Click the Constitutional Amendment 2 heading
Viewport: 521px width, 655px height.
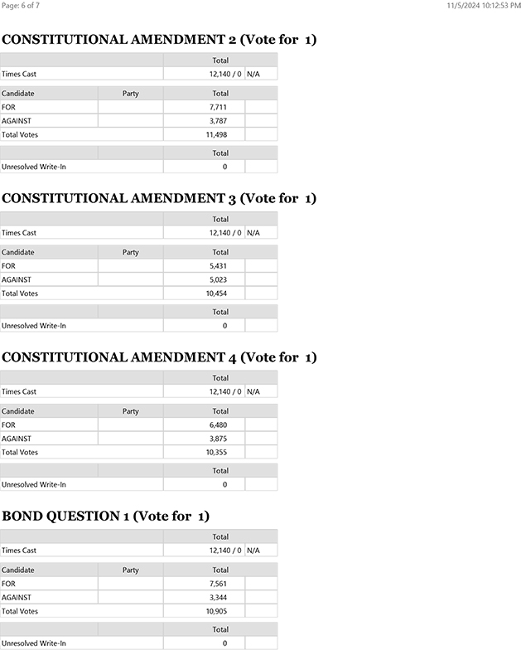[x=159, y=40]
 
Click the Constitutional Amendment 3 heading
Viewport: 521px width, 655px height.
[x=159, y=198]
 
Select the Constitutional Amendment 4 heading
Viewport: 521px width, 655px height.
[x=159, y=357]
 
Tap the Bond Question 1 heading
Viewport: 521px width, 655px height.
[x=105, y=517]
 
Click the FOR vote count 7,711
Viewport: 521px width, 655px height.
[x=218, y=107]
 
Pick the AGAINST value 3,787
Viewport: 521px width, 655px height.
[x=218, y=121]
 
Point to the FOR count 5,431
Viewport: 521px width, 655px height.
[x=218, y=266]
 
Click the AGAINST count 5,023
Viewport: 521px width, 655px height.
[x=218, y=279]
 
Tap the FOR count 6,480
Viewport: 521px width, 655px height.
[x=218, y=425]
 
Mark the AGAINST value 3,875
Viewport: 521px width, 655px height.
[x=218, y=439]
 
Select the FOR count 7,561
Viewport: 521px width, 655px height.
[x=218, y=584]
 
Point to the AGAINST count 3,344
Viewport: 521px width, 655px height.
[x=218, y=598]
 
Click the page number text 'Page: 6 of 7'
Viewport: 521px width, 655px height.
[x=22, y=6]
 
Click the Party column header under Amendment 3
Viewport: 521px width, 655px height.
[x=130, y=252]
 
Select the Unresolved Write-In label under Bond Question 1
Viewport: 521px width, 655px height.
[x=34, y=643]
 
